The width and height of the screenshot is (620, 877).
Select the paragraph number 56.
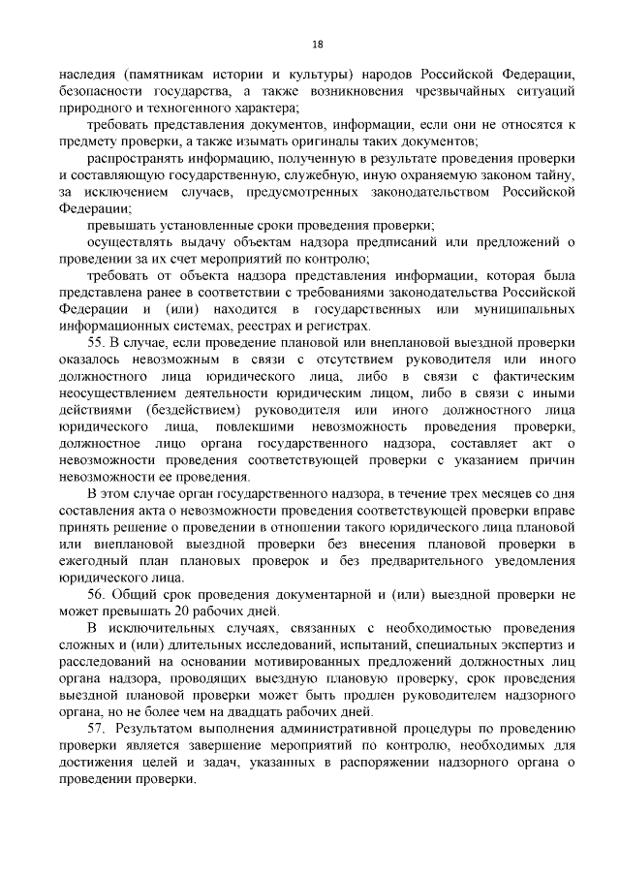click(x=95, y=591)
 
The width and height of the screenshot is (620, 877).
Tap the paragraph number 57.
click(x=95, y=728)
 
